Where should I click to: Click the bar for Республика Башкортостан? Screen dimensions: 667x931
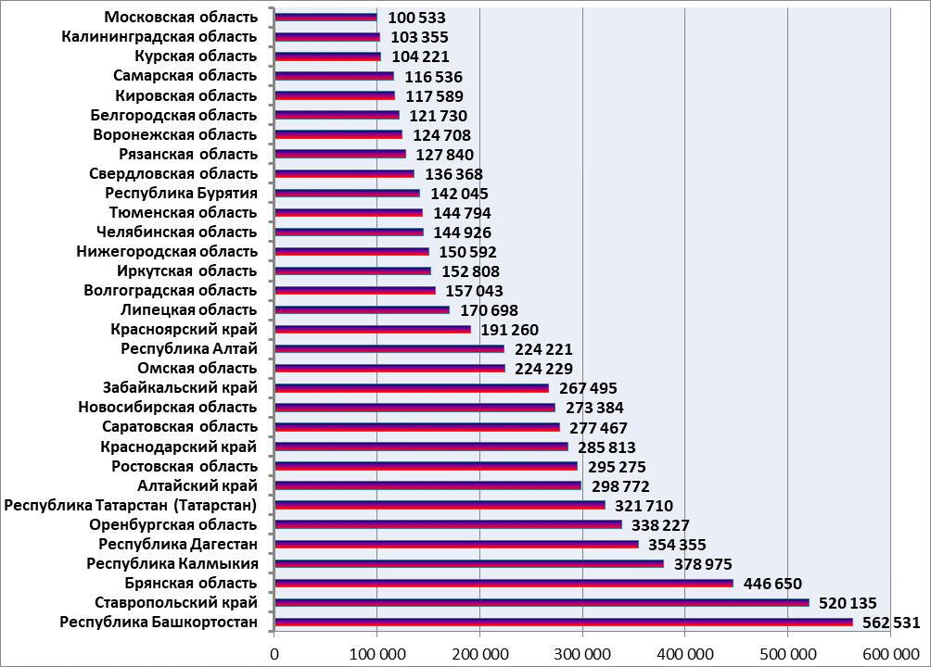click(x=564, y=622)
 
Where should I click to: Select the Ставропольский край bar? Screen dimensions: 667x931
click(x=542, y=602)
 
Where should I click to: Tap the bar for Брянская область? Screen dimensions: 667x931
click(x=504, y=583)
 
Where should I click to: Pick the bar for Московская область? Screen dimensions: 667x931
click(x=326, y=17)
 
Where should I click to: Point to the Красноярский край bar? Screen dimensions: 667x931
click(x=373, y=329)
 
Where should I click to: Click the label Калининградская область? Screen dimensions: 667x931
click(x=159, y=37)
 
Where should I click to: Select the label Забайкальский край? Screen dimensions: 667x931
click(x=180, y=388)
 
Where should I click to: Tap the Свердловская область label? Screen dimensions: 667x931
click(x=173, y=173)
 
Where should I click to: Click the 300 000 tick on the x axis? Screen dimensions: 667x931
click(x=582, y=653)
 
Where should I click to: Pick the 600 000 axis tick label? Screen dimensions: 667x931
click(x=890, y=653)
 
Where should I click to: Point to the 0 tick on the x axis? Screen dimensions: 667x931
click(x=274, y=653)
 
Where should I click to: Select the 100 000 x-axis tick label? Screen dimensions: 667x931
click(x=377, y=653)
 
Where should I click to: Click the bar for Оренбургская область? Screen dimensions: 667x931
click(x=449, y=524)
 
